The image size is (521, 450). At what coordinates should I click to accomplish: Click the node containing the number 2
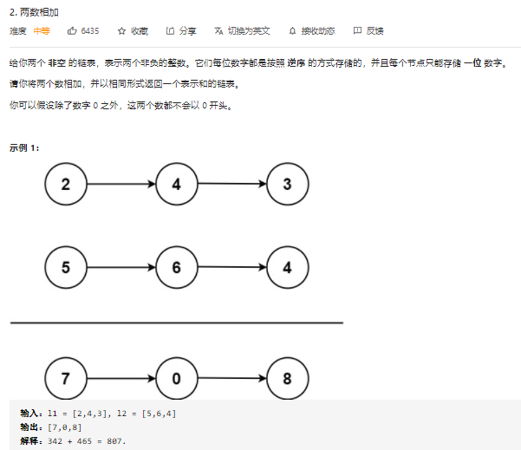tap(67, 184)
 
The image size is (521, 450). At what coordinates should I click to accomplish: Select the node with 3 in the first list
tap(287, 184)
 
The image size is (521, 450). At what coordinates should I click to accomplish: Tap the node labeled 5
tap(67, 267)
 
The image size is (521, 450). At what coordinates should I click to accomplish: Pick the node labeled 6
tap(177, 267)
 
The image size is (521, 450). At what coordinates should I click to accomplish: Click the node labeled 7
tap(67, 378)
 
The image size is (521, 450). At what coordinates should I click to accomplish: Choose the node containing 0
tap(177, 378)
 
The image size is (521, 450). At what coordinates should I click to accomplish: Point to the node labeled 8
tap(287, 378)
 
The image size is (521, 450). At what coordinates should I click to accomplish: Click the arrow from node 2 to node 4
tap(121, 184)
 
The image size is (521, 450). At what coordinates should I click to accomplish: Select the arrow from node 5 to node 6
tap(121, 267)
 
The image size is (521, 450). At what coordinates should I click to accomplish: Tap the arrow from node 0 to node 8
tap(231, 378)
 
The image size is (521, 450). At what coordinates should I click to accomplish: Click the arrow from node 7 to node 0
tap(121, 378)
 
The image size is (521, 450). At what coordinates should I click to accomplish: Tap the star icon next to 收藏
tap(121, 30)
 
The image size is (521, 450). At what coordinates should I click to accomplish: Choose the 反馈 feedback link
tap(369, 30)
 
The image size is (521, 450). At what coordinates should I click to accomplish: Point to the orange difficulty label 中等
tap(42, 30)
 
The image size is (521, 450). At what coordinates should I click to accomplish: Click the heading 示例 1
tap(24, 147)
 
